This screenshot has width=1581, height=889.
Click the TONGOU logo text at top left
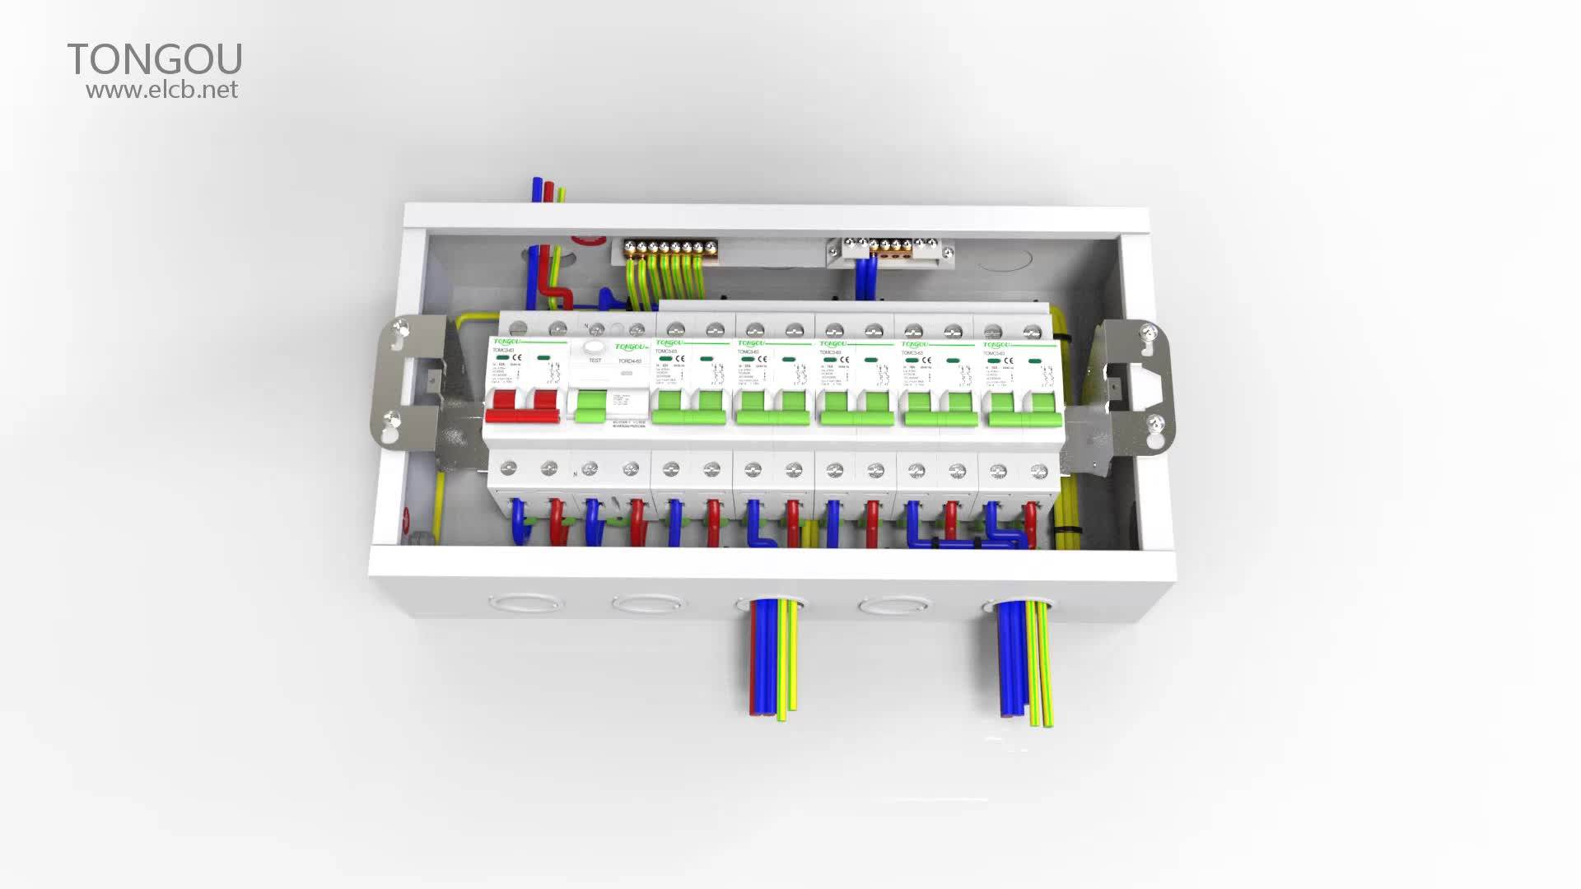155,59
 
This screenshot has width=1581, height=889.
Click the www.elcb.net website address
162,90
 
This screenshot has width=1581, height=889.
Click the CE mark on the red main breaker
518,356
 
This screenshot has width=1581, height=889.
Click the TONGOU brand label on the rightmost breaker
998,345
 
